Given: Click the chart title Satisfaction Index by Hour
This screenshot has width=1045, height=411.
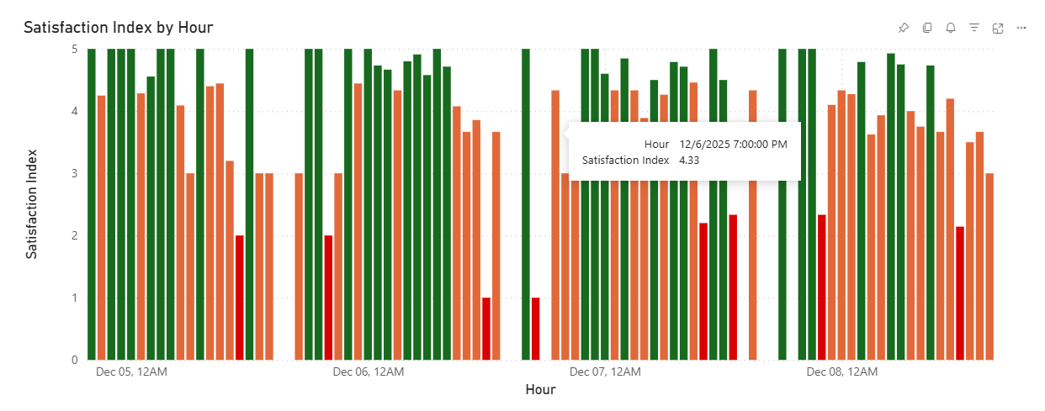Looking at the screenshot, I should (x=118, y=28).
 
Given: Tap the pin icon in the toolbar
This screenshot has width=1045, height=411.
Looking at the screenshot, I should (x=904, y=28).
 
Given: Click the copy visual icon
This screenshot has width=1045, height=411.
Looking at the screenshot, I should (x=927, y=28).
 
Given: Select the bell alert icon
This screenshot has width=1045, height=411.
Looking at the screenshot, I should (x=951, y=28).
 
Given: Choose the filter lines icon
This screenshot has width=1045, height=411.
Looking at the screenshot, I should (x=974, y=28).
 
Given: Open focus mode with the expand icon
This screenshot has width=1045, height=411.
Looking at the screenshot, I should (x=998, y=28).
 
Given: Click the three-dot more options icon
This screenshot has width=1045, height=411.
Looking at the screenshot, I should (x=1021, y=28).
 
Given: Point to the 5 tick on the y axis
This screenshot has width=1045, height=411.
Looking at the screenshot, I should (x=74, y=49).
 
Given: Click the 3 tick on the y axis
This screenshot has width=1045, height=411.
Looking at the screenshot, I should (x=74, y=173).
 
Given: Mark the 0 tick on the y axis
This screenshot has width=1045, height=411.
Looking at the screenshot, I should (x=74, y=360).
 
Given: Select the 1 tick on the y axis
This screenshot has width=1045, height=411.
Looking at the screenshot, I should (x=74, y=298).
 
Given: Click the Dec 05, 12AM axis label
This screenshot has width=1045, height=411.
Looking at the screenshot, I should (x=131, y=371).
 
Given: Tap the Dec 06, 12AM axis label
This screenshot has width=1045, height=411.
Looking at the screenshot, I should (x=368, y=371).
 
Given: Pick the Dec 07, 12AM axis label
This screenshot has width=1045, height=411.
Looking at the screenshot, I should (x=605, y=371).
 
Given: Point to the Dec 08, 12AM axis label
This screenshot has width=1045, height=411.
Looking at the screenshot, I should (x=841, y=371).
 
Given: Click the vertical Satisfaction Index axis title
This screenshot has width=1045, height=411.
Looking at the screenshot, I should (x=32, y=204).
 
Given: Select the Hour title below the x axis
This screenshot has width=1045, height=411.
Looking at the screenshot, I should (x=540, y=390).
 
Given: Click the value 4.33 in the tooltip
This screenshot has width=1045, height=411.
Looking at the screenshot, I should (x=689, y=160).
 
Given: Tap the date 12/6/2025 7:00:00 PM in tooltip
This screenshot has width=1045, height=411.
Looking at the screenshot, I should (x=733, y=144).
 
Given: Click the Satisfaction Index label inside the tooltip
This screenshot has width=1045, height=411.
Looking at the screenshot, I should (x=625, y=160).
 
